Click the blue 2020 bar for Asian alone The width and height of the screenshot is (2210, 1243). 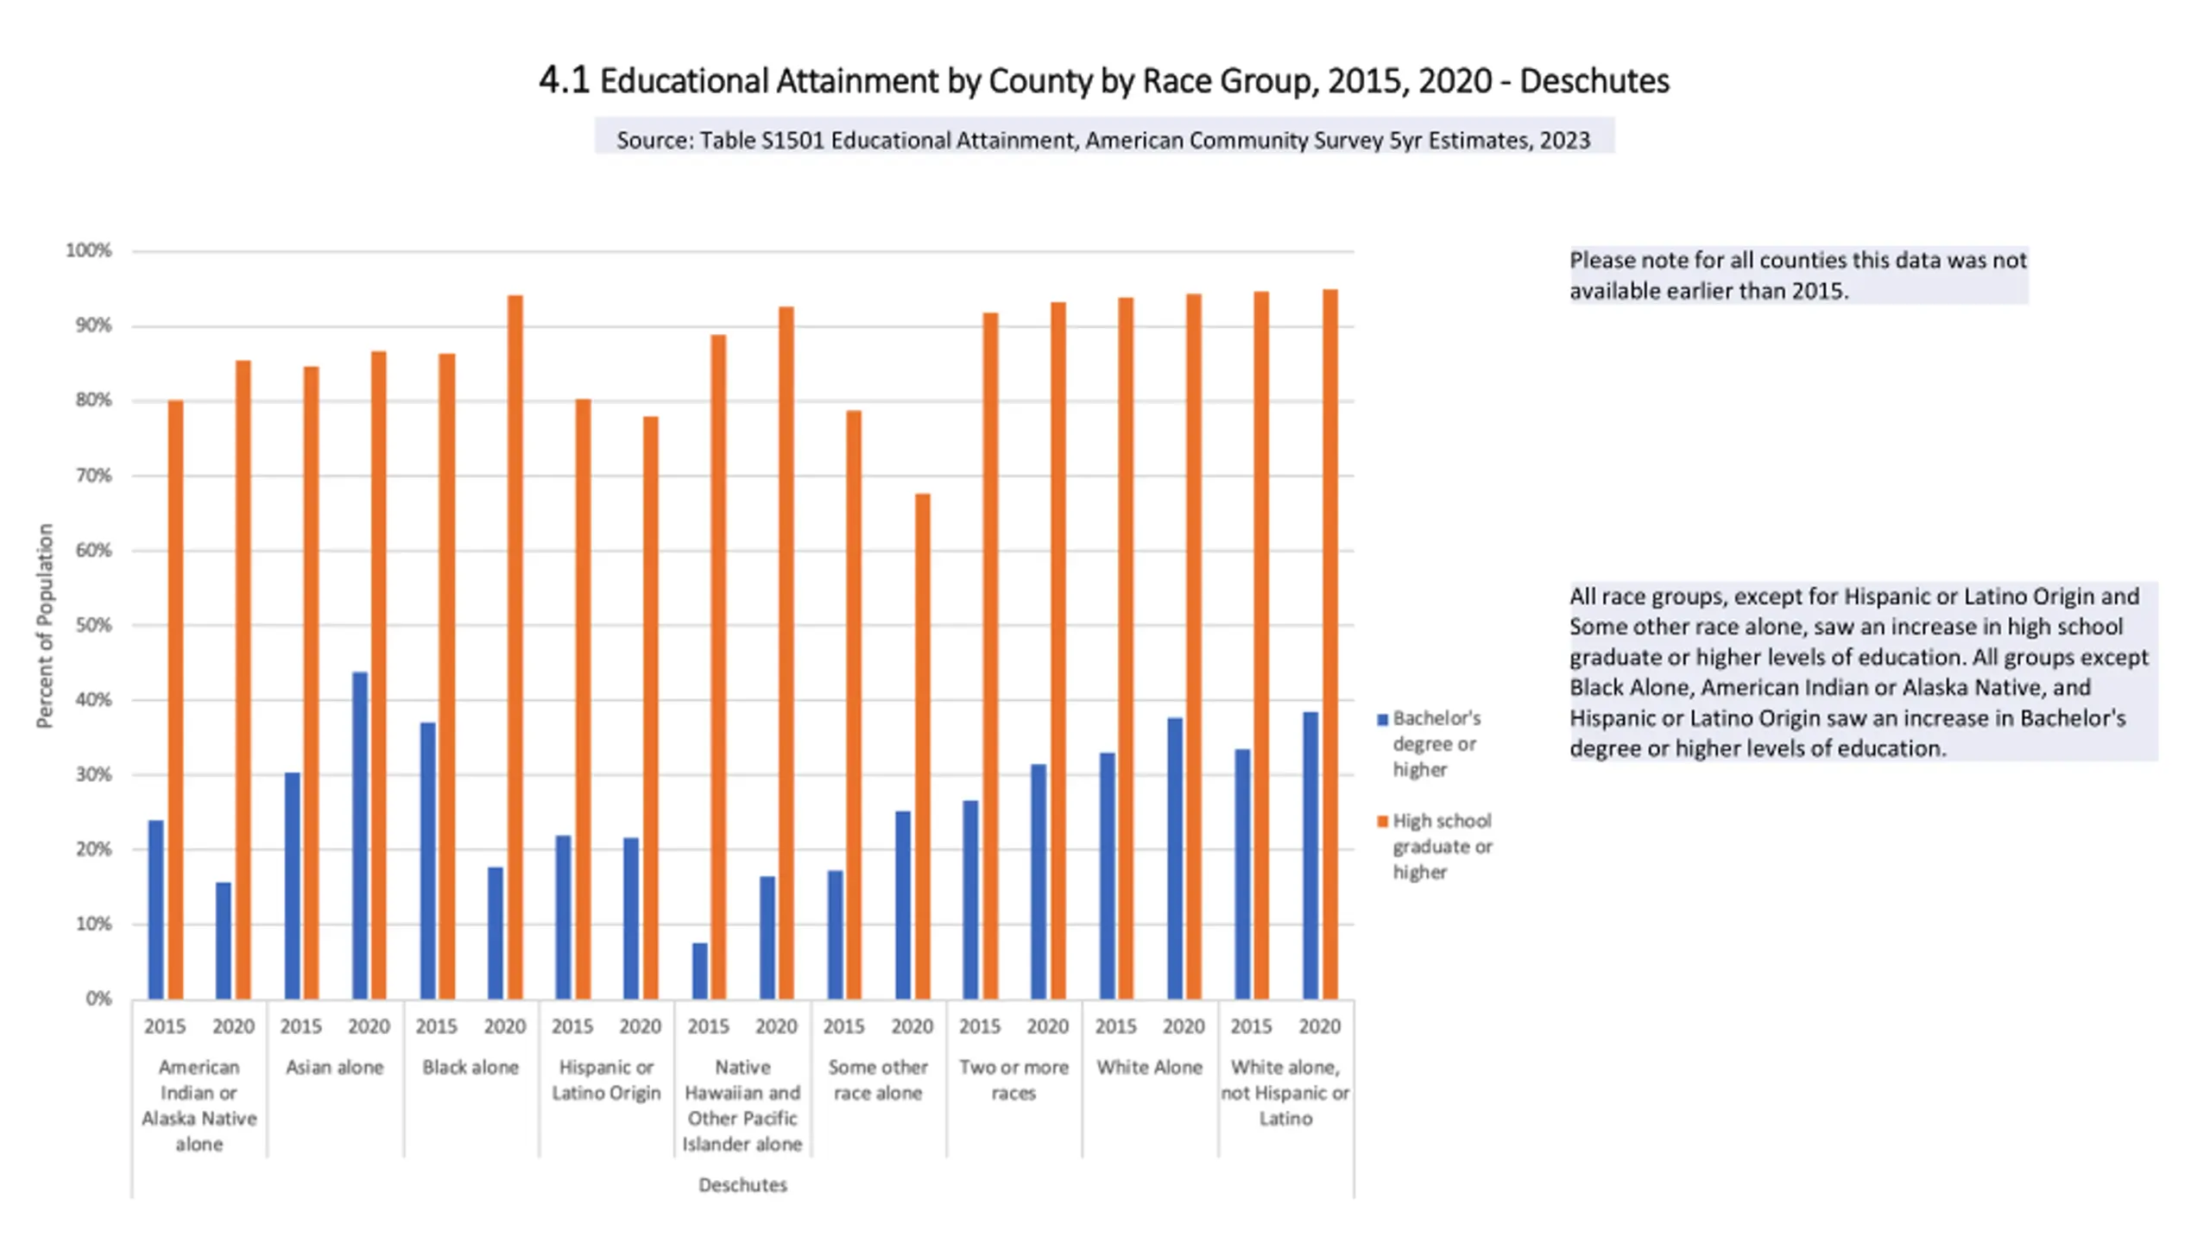pyautogui.click(x=360, y=835)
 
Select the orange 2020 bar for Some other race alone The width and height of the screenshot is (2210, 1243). pyautogui.click(x=922, y=746)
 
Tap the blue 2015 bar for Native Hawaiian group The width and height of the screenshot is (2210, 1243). pyautogui.click(x=699, y=970)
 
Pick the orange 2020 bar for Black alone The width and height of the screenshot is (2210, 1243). pyautogui.click(x=515, y=647)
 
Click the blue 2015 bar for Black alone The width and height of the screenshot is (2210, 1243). pyautogui.click(x=427, y=860)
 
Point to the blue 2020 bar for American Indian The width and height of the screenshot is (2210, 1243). pyautogui.click(x=224, y=940)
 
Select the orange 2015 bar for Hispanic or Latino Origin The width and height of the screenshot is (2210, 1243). pyautogui.click(x=583, y=698)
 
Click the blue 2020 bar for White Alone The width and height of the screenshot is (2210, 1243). pyautogui.click(x=1175, y=858)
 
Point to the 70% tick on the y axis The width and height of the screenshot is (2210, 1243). pyautogui.click(x=93, y=476)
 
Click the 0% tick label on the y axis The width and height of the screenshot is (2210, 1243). pyautogui.click(x=98, y=999)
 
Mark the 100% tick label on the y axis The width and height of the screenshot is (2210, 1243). pyautogui.click(x=89, y=250)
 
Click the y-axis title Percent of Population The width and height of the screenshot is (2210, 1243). pyautogui.click(x=45, y=626)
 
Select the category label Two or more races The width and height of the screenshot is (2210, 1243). pyautogui.click(x=1013, y=1080)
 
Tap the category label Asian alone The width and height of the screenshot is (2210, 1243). pyautogui.click(x=334, y=1067)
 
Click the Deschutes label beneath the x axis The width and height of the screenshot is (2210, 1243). pyautogui.click(x=742, y=1185)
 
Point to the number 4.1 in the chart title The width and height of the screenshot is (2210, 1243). pyautogui.click(x=564, y=80)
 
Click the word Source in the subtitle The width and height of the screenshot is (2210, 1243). pyautogui.click(x=654, y=140)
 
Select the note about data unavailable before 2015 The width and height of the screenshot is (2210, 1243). pyautogui.click(x=1797, y=275)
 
